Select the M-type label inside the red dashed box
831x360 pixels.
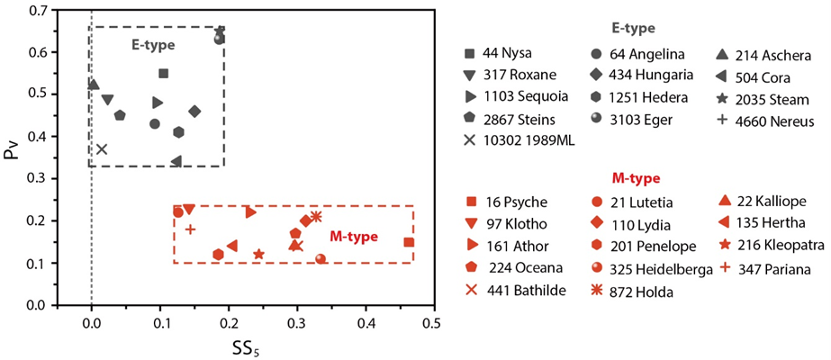(352, 238)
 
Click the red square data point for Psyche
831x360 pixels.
(409, 242)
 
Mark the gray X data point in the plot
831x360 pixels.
(102, 149)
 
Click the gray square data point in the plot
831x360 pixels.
(163, 74)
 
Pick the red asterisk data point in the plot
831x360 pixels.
(315, 217)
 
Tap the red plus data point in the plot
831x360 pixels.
(190, 229)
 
